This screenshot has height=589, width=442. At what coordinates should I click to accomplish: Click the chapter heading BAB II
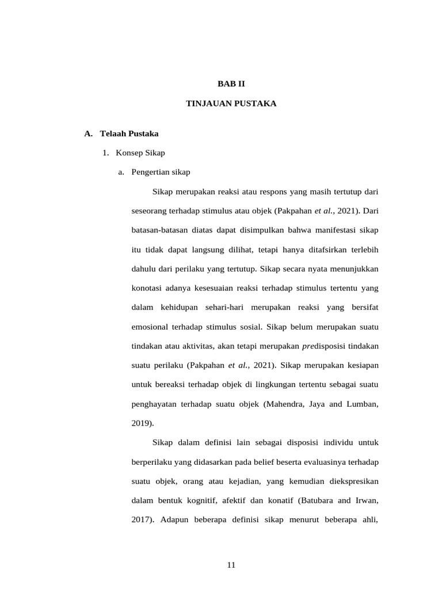pyautogui.click(x=231, y=83)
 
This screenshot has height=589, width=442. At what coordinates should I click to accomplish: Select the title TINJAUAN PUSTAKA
pyautogui.click(x=231, y=104)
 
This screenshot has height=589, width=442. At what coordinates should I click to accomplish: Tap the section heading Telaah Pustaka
pyautogui.click(x=129, y=133)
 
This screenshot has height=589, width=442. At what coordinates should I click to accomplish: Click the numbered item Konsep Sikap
pyautogui.click(x=140, y=152)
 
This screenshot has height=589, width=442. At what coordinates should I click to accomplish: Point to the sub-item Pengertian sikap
pyautogui.click(x=161, y=171)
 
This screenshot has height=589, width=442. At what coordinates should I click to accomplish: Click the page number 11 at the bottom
pyautogui.click(x=231, y=565)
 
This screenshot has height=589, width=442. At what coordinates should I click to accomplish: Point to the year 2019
pyautogui.click(x=141, y=423)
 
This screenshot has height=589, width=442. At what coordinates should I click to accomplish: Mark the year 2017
pyautogui.click(x=142, y=519)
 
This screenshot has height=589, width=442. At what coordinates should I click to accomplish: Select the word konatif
pyautogui.click(x=279, y=500)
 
